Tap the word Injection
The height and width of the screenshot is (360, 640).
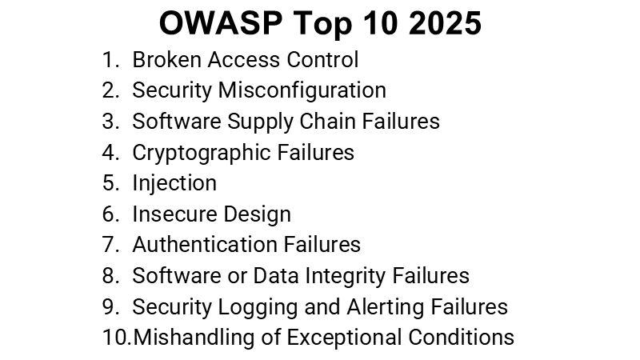point(174,183)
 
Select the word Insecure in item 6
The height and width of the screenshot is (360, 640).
point(170,214)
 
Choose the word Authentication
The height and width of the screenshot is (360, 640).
point(204,245)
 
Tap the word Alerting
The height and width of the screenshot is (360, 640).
point(386,306)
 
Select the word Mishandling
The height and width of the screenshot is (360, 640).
point(190,337)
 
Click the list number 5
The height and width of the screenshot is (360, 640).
point(110,183)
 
